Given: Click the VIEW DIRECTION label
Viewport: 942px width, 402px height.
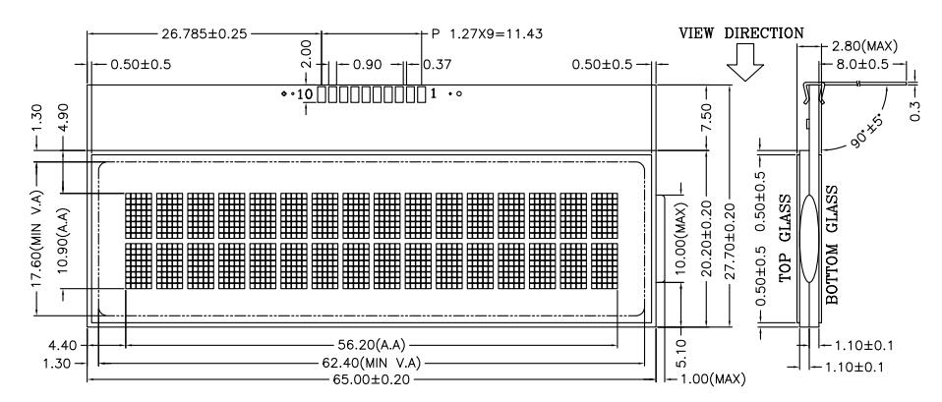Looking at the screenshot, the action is [740, 33].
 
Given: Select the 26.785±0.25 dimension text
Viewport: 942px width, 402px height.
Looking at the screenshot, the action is [205, 33].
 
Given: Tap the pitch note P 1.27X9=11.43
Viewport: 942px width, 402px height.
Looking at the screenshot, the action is [487, 33].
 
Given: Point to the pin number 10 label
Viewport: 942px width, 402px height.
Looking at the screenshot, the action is [305, 93].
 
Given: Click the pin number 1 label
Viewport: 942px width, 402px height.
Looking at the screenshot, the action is [434, 93].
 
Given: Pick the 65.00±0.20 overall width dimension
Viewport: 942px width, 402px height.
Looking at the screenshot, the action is [371, 379].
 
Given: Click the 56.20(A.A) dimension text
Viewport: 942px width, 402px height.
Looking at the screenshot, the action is [371, 345].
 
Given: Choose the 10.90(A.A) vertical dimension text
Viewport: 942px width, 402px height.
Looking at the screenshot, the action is [63, 241].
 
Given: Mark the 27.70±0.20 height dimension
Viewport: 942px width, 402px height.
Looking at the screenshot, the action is [730, 242].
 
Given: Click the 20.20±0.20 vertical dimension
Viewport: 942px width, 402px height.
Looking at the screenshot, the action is [706, 239].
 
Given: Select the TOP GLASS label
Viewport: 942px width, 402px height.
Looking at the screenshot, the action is [786, 239].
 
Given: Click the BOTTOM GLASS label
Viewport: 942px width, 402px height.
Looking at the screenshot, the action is [832, 245].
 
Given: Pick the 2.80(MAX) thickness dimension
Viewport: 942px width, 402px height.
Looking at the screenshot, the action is [864, 46].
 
